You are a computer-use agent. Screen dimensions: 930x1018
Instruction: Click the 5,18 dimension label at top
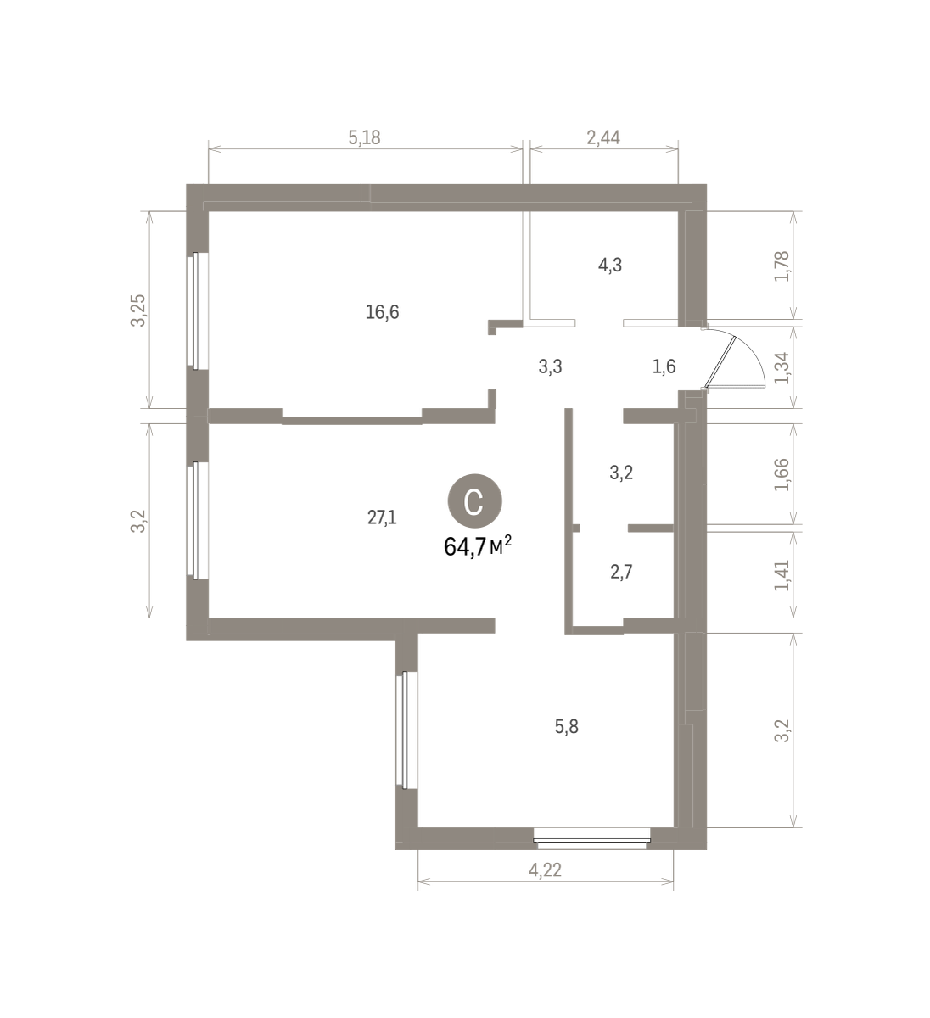point(364,137)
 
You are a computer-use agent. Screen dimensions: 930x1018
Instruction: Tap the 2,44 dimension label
point(603,137)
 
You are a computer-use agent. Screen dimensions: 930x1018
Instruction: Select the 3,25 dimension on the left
point(138,310)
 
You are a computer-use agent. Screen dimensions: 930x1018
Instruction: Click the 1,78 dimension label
point(782,266)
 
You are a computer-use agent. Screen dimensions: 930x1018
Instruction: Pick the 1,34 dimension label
point(782,368)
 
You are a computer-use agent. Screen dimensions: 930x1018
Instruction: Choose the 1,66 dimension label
point(782,474)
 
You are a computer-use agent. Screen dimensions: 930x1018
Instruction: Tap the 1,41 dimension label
point(782,575)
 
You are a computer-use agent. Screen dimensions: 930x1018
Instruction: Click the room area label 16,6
point(382,312)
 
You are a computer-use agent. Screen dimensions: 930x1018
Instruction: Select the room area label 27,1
point(382,517)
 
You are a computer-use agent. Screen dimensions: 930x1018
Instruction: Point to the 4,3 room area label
point(610,265)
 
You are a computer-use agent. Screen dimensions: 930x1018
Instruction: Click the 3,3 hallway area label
point(551,366)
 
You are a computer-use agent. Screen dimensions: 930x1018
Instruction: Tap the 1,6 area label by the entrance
point(664,366)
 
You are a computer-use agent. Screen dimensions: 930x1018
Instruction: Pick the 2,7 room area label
point(621,572)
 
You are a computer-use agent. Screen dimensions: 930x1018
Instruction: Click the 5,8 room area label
point(566,727)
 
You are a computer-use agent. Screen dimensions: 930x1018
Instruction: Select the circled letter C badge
point(474,501)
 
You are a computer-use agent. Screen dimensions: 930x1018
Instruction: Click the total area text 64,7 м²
point(477,546)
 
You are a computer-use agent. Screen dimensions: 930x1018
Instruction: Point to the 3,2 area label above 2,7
point(621,473)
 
